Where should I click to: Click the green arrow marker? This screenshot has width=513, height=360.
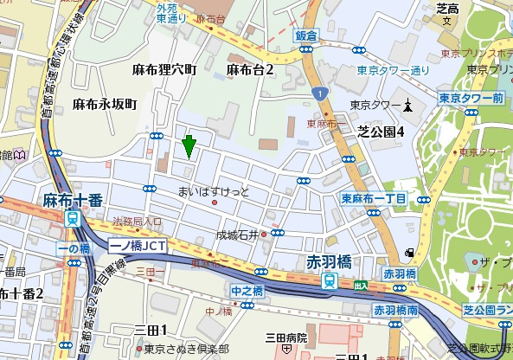tap(189, 146)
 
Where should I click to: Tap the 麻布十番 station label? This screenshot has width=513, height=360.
tap(73, 200)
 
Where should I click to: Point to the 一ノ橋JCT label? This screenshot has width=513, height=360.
tap(139, 246)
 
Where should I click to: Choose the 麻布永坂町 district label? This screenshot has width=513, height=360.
tap(104, 104)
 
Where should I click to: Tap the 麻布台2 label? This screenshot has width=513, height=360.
tap(250, 69)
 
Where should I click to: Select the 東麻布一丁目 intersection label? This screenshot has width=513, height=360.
tap(374, 199)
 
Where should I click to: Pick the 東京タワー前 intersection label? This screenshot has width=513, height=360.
tap(471, 98)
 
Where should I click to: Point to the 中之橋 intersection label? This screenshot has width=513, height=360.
tap(247, 291)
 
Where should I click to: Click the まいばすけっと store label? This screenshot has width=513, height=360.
tap(213, 190)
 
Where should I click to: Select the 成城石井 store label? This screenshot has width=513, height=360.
tap(237, 234)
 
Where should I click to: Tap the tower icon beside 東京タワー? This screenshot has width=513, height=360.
tap(408, 106)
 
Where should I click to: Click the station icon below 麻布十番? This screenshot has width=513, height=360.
tap(74, 218)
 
